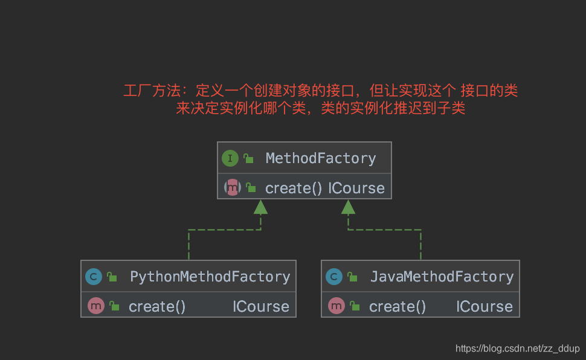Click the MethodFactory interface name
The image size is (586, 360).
point(321,158)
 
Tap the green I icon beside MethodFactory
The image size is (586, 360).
point(230,158)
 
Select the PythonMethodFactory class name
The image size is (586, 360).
point(210,277)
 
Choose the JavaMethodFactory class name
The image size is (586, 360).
point(442,277)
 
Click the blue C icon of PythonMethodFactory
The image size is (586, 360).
point(94,277)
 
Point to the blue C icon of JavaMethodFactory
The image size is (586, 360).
point(334,277)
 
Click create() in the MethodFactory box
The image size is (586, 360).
point(294,188)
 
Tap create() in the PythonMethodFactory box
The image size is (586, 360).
point(157,306)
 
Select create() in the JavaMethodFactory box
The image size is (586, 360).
point(398,306)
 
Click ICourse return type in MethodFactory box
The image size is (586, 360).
point(356,188)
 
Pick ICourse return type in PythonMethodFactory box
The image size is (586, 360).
point(261,306)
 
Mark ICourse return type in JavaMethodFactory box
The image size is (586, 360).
point(485,306)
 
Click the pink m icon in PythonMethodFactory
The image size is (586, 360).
point(96,306)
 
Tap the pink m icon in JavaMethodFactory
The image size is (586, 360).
point(336,306)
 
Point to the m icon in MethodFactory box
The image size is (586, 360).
point(233,188)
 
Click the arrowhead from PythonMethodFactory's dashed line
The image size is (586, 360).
point(260,207)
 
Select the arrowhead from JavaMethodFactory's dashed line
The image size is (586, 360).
point(348,207)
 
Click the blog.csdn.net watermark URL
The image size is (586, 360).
point(518,349)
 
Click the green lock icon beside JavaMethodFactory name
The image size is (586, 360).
point(352,277)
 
